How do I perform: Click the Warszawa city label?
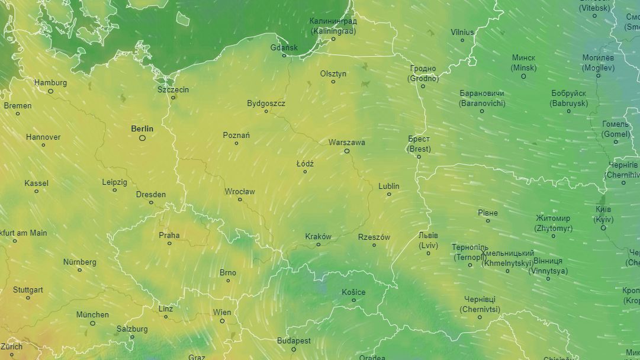(x=347, y=143)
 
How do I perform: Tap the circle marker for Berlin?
(x=142, y=138)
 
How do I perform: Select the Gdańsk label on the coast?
(x=284, y=47)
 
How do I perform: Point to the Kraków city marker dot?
(x=319, y=245)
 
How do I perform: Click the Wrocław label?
(x=240, y=191)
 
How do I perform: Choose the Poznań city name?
(x=236, y=135)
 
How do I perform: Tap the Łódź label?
(x=305, y=163)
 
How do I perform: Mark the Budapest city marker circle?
(x=294, y=349)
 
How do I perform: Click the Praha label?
(x=169, y=235)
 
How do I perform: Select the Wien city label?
(x=222, y=313)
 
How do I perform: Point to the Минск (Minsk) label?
(x=523, y=63)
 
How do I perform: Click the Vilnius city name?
(x=462, y=32)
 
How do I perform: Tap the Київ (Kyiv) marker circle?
(x=603, y=228)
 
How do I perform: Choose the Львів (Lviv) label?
(x=428, y=240)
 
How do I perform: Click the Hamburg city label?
(x=50, y=83)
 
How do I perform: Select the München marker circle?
(x=92, y=323)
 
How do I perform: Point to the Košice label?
(x=353, y=292)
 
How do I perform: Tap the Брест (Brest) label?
(x=419, y=144)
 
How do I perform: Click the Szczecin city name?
(x=173, y=89)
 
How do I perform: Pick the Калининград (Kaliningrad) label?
(x=333, y=26)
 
